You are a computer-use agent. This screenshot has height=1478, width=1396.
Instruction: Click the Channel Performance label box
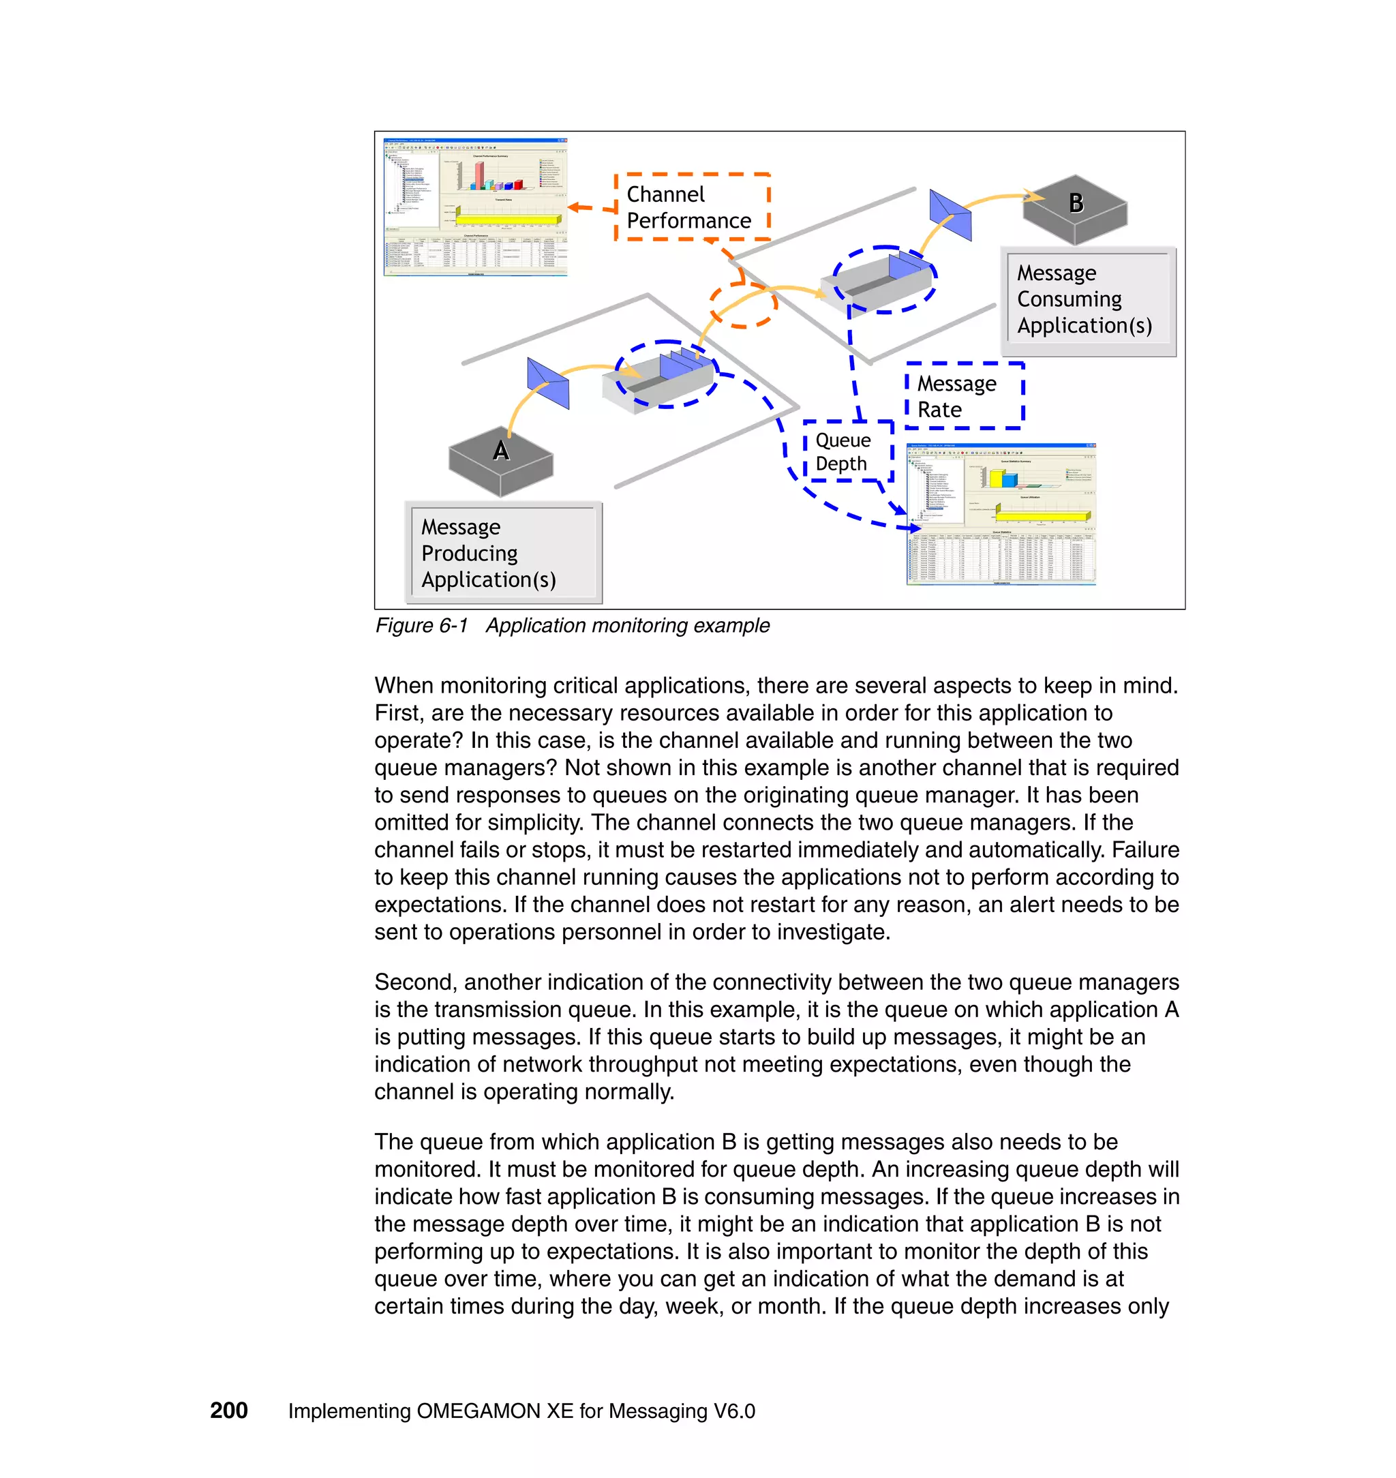(x=691, y=207)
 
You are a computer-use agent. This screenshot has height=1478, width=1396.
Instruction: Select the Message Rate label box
(x=964, y=396)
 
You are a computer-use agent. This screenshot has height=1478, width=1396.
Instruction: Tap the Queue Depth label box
(x=847, y=452)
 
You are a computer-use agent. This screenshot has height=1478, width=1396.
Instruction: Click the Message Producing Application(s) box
(x=503, y=553)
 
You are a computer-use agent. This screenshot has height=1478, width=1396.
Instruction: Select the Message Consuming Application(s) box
(x=1087, y=300)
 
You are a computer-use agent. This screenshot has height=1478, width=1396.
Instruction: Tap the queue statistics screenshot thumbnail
(x=1001, y=513)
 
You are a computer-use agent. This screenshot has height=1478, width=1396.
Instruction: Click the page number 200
(x=228, y=1411)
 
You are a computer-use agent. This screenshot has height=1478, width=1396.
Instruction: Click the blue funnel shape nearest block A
(x=549, y=382)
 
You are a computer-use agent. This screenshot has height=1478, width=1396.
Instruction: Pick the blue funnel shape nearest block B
(x=950, y=214)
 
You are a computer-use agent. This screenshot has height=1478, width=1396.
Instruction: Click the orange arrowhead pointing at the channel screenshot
(x=574, y=207)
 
